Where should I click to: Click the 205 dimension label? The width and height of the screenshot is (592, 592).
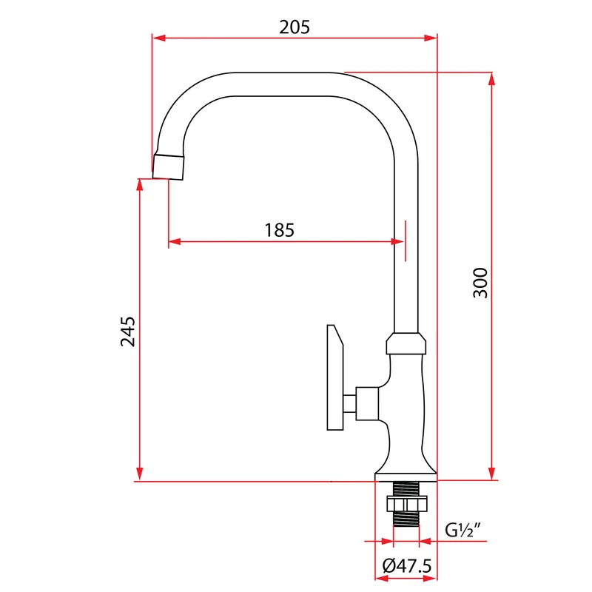coord(295,27)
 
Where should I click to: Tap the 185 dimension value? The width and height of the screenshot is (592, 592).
coord(280,230)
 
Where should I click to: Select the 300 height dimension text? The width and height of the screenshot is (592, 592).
coord(480,283)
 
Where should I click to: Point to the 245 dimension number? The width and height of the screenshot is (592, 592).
coord(127,332)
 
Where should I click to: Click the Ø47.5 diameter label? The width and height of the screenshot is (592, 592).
coord(406,566)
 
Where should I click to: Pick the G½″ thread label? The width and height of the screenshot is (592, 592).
coord(463,530)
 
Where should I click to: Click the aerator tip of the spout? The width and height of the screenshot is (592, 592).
coord(169,166)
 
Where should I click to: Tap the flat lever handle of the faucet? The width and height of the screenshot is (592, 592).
coord(335,377)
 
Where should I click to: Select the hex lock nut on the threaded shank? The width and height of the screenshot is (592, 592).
coord(406,504)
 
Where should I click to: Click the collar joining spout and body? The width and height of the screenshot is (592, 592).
coord(406,343)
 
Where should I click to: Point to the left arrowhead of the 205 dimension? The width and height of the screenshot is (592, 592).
coord(158,38)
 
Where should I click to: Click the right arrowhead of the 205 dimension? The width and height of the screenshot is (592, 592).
coord(431,38)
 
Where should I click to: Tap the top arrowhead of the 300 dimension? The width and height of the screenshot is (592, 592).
coord(491,79)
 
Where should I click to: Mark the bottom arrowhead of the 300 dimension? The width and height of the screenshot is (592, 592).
coord(491,474)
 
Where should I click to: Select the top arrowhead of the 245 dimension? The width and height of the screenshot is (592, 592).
coord(140,185)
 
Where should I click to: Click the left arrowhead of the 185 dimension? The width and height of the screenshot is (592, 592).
coord(175,241)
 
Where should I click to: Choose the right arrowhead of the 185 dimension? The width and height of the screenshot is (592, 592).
coord(398,241)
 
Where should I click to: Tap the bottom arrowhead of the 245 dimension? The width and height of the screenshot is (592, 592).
coord(140,474)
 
